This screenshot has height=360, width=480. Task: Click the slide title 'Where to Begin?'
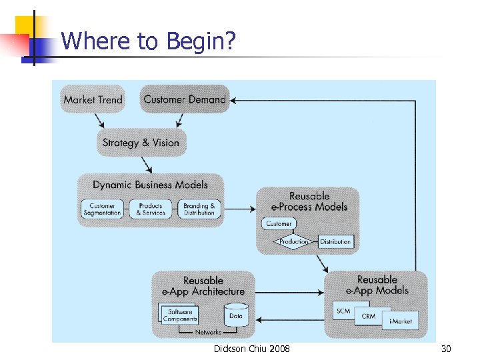point(148,42)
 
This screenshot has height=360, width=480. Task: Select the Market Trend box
point(93,99)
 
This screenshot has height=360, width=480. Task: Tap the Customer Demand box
point(185,99)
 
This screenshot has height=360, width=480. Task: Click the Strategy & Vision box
point(141,143)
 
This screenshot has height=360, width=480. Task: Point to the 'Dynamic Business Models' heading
point(150,185)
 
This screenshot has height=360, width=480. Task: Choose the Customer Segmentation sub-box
point(102,209)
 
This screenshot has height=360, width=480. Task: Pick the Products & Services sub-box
point(151,209)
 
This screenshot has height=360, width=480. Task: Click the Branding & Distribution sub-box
point(199,209)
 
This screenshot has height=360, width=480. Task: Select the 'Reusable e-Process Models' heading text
point(309,201)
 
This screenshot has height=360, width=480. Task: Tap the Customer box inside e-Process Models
point(279,224)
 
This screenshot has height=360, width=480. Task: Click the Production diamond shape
point(294,241)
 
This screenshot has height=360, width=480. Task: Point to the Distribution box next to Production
point(335,241)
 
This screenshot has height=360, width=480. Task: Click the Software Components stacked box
point(179,315)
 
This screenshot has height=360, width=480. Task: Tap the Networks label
point(208,332)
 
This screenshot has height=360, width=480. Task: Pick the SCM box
point(343,311)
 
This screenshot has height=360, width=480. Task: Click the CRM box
point(368,316)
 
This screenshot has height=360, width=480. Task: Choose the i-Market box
point(400,321)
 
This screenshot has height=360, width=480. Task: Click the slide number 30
point(446,349)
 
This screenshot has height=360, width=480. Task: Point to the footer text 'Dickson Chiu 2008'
point(251,349)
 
